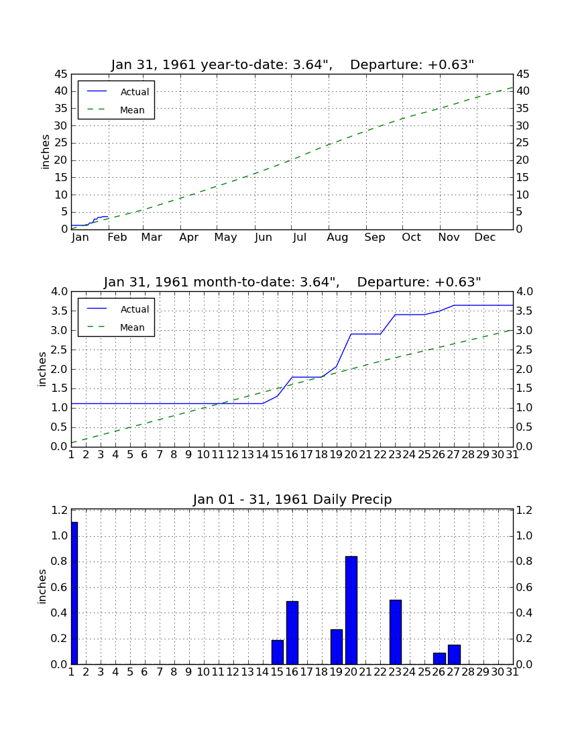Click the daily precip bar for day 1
[x=74, y=593]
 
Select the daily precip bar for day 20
[x=351, y=611]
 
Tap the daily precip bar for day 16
[x=292, y=633]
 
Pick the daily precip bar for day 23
[x=396, y=632]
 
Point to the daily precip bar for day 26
[x=440, y=658]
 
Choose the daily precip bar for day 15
[x=278, y=652]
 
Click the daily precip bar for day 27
[x=454, y=655]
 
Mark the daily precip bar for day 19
[x=337, y=647]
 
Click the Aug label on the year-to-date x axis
[x=338, y=238]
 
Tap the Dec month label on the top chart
[x=485, y=238]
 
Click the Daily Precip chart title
[x=292, y=499]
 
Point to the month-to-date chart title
[x=292, y=282]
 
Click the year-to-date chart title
[x=292, y=64]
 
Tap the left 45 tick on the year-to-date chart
[x=61, y=74]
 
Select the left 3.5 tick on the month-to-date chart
[x=59, y=311]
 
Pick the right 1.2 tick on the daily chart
[x=524, y=510]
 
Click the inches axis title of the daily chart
[x=42, y=586]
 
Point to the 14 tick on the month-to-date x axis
[x=262, y=455]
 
